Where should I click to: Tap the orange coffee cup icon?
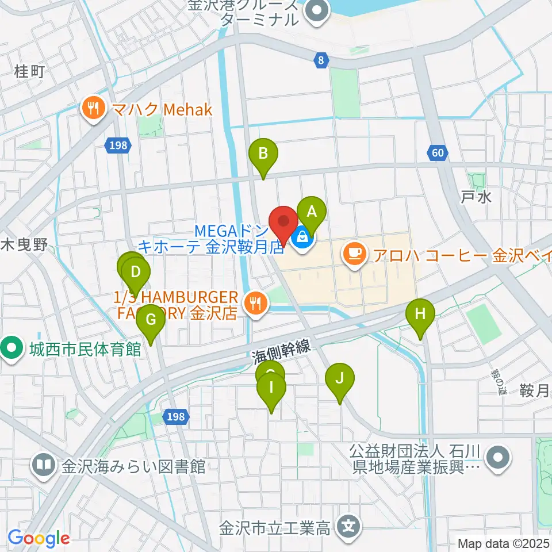pyautogui.click(x=355, y=252)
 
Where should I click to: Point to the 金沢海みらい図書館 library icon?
pyautogui.click(x=43, y=464)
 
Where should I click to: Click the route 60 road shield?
pyautogui.click(x=438, y=152)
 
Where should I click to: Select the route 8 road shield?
pyautogui.click(x=321, y=59)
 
